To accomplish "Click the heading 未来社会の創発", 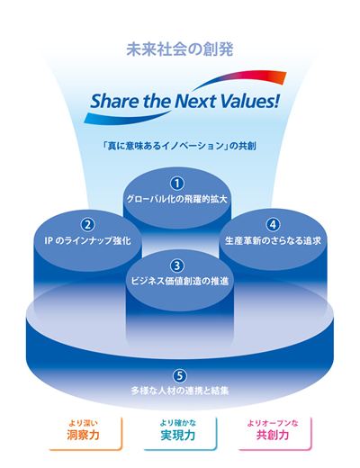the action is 180,49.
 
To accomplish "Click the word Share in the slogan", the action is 114,101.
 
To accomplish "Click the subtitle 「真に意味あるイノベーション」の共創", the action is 179,146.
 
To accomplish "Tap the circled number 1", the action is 177,184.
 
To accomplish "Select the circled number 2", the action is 87,225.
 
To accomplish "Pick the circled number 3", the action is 177,265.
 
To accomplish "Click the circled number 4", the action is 273,225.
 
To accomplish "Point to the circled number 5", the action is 179,376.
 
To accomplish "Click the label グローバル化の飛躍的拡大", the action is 177,200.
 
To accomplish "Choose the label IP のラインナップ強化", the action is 87,240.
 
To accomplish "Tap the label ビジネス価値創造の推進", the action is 180,281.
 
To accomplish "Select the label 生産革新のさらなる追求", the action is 273,240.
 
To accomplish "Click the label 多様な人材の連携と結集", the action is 180,391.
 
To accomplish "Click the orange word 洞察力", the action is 83,435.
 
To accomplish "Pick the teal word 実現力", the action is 178,435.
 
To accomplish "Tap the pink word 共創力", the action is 273,435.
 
